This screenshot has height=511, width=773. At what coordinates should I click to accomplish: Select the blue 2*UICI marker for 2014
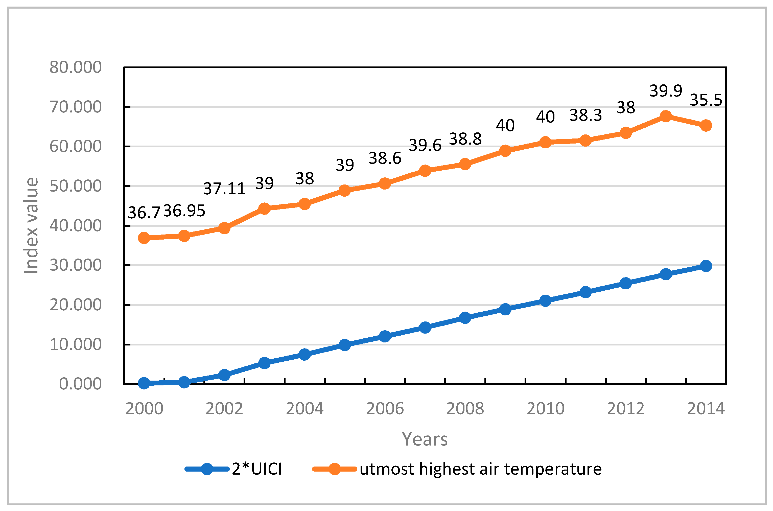pyautogui.click(x=706, y=266)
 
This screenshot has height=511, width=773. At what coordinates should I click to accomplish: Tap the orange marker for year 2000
pyautogui.click(x=144, y=238)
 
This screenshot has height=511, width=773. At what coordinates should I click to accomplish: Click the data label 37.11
pyautogui.click(x=224, y=189)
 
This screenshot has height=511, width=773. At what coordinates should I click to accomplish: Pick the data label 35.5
pyautogui.click(x=706, y=100)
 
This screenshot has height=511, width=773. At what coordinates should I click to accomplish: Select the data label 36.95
pyautogui.click(x=184, y=211)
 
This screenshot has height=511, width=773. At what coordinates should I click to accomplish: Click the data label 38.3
pyautogui.click(x=585, y=115)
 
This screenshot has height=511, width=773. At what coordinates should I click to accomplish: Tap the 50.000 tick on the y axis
pyautogui.click(x=75, y=186)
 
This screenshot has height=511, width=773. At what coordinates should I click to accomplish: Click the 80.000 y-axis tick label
pyautogui.click(x=75, y=67)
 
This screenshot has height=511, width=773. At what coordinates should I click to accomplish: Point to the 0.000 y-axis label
pyautogui.click(x=80, y=384)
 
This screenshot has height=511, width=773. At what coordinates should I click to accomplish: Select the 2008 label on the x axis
pyautogui.click(x=465, y=409)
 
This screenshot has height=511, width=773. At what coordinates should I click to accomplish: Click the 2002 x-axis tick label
pyautogui.click(x=224, y=409)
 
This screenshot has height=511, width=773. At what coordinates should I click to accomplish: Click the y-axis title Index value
pyautogui.click(x=31, y=225)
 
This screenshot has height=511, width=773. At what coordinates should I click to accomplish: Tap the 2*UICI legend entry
pyautogui.click(x=256, y=469)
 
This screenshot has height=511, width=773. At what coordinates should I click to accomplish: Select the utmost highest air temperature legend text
pyautogui.click(x=481, y=469)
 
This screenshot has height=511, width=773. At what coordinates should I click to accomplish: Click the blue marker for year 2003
pyautogui.click(x=264, y=363)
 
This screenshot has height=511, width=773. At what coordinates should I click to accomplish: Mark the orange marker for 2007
pyautogui.click(x=425, y=170)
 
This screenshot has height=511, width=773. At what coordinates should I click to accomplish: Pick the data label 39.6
pyautogui.click(x=425, y=145)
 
